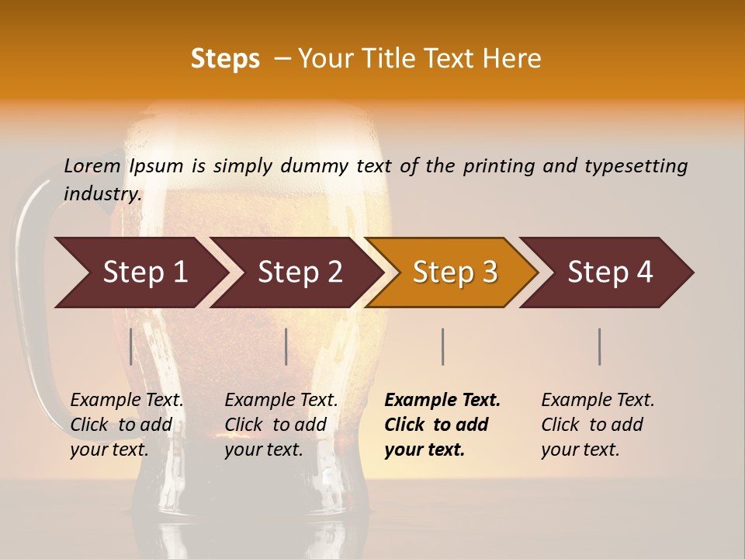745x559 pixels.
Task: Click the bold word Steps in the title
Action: coord(225,59)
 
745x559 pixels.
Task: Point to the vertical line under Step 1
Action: coord(131,346)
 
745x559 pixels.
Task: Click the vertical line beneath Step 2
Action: coord(286,346)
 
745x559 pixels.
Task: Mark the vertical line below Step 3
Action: coord(442,346)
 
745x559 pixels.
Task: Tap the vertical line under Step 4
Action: coord(599,346)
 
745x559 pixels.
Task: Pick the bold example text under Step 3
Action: coord(442,425)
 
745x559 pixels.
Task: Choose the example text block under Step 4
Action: coord(598,425)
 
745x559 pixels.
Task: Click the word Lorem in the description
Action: coord(92,165)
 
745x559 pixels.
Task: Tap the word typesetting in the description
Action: coord(636,165)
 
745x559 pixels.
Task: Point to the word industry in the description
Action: coord(102,193)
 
